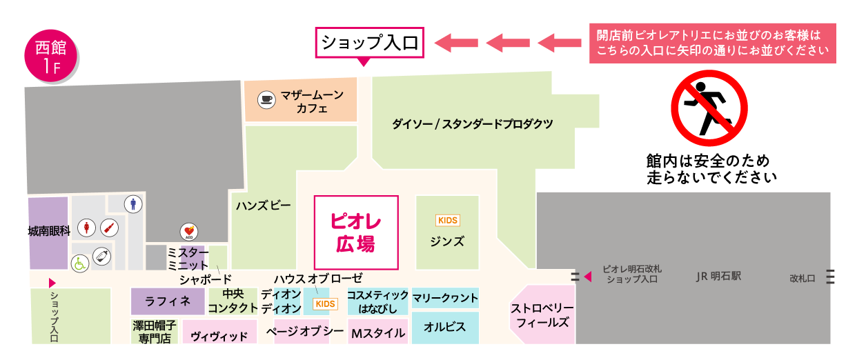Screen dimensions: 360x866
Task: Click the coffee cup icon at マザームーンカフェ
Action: click(x=266, y=99)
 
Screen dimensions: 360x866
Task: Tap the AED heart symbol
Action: click(x=189, y=231)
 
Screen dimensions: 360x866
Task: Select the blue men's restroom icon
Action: click(x=133, y=203)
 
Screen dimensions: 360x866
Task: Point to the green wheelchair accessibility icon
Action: click(x=81, y=263)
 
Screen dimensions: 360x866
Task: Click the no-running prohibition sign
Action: click(x=709, y=108)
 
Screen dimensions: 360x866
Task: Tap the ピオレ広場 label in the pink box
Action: click(x=356, y=232)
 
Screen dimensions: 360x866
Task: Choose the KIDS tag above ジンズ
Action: click(x=447, y=221)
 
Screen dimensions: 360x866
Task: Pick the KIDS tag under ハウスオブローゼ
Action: click(x=324, y=304)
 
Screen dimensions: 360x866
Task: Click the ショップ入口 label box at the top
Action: click(x=370, y=43)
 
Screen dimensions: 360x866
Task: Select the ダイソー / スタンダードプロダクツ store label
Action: click(x=473, y=124)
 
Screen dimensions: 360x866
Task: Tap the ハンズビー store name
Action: click(x=264, y=206)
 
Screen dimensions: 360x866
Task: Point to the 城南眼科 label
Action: click(x=49, y=232)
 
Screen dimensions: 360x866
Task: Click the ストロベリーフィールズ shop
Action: click(x=542, y=314)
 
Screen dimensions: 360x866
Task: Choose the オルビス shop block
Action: click(x=445, y=327)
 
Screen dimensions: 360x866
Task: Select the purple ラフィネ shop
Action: click(x=168, y=301)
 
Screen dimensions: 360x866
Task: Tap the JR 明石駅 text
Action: click(x=718, y=276)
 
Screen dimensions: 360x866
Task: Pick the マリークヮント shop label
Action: click(x=445, y=298)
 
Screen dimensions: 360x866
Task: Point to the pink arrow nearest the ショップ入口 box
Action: click(x=456, y=43)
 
